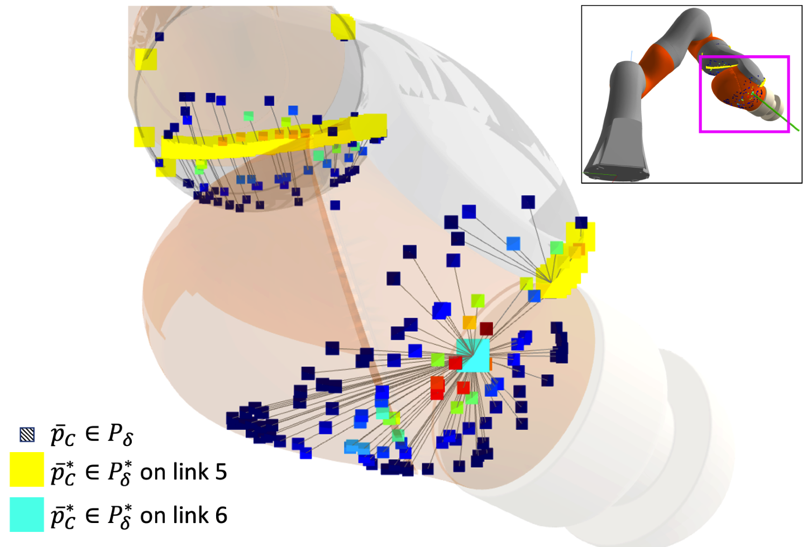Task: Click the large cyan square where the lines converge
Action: (474, 354)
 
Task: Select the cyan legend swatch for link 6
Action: (27, 514)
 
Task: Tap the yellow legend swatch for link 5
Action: (27, 469)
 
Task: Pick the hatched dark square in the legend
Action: (27, 434)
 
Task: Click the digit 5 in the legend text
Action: (221, 472)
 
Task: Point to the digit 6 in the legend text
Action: (221, 516)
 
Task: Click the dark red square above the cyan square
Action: (486, 329)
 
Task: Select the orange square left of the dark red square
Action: (469, 323)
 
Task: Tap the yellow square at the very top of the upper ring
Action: (342, 26)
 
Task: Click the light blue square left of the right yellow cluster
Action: (513, 243)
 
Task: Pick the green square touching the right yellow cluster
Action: (557, 247)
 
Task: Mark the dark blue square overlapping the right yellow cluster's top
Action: (581, 223)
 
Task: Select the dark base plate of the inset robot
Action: (616, 174)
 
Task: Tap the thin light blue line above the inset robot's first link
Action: (632, 56)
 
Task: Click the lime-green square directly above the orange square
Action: (477, 301)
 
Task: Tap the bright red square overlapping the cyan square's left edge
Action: (455, 363)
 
